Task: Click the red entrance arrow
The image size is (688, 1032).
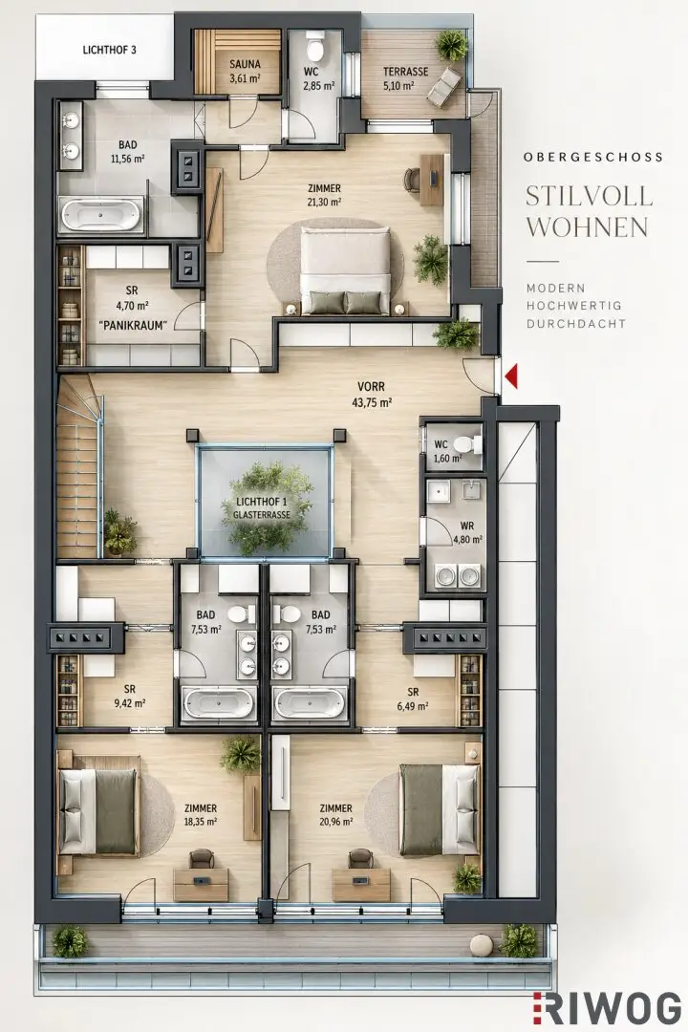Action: coord(511,377)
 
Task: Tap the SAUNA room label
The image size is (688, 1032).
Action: coord(245,64)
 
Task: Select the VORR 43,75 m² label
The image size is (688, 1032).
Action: coord(372,395)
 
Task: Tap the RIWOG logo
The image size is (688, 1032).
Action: coord(607,1008)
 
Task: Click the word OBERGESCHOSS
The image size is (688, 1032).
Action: coord(593,158)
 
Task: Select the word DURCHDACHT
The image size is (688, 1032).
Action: coord(575,324)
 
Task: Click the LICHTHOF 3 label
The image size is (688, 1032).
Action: coord(109,50)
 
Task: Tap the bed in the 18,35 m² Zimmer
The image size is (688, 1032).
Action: coord(98,811)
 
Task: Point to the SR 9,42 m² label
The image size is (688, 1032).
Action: coord(130,696)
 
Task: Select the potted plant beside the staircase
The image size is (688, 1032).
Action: coord(120,532)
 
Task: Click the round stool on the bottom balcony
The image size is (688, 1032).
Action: coord(482,945)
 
